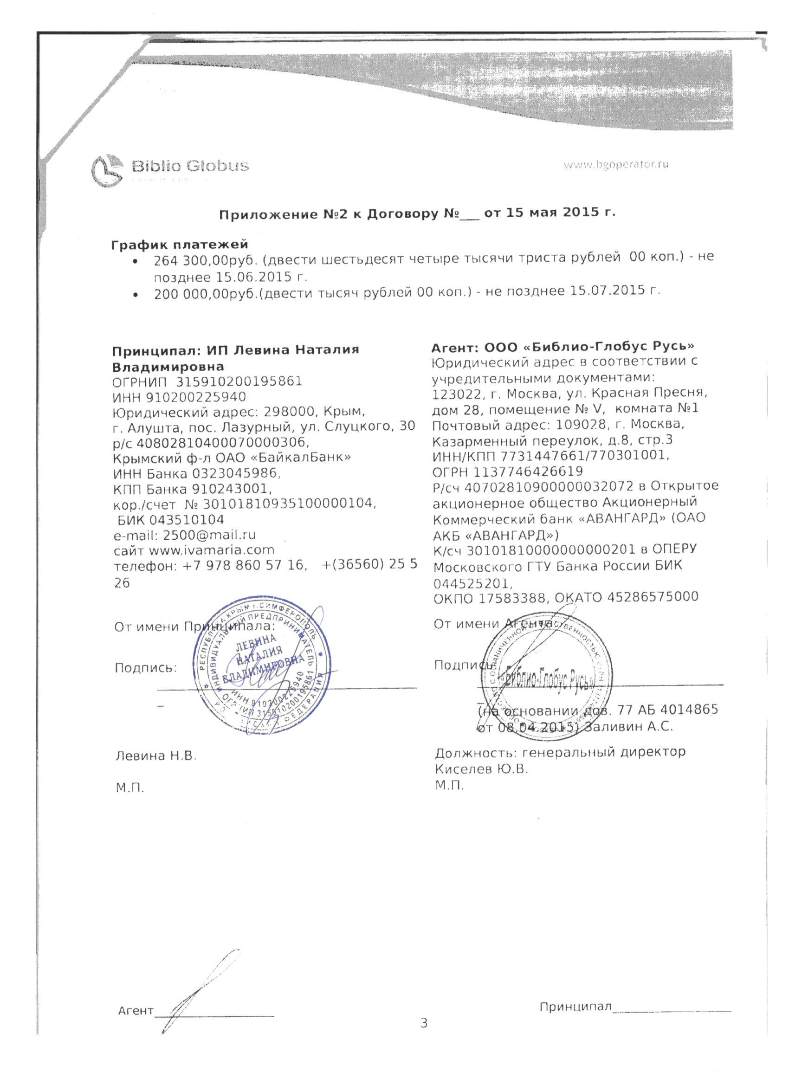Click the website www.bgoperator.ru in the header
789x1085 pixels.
click(x=615, y=165)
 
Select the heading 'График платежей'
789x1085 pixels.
click(x=180, y=245)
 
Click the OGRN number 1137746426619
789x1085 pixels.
click(x=528, y=472)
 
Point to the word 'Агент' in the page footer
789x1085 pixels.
click(x=136, y=1011)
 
